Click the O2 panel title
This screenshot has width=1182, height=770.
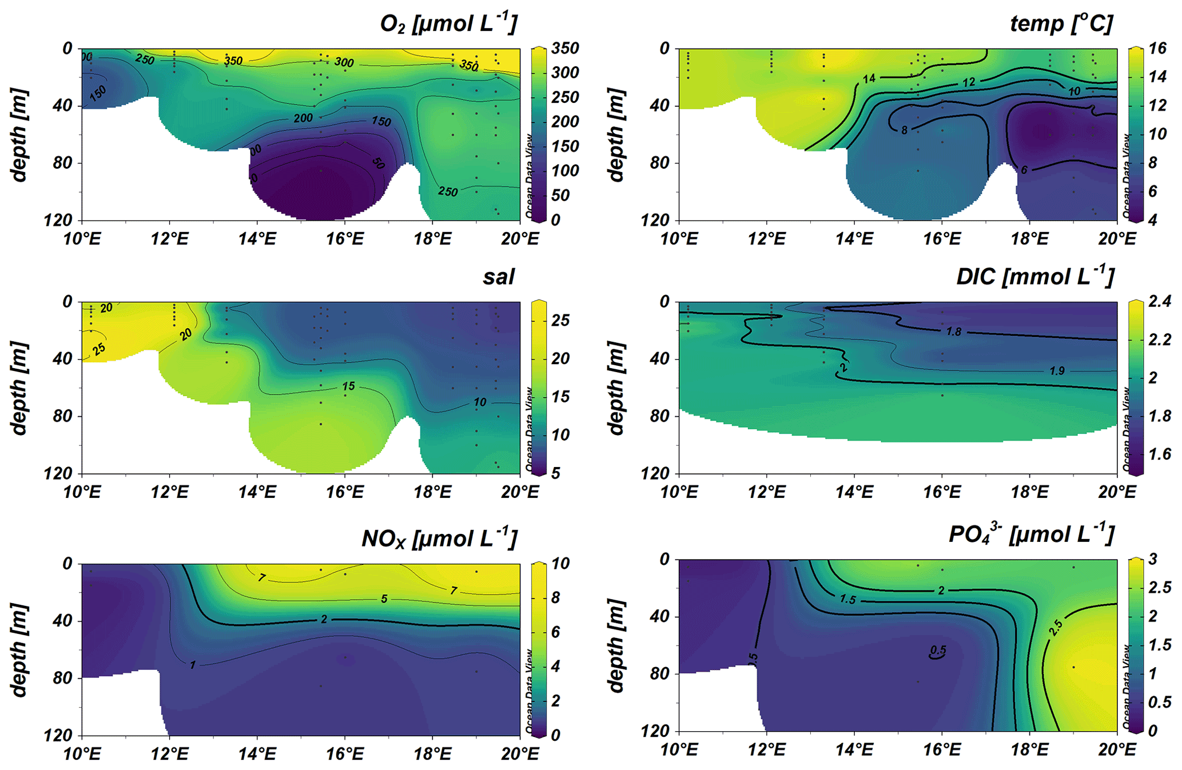pos(448,24)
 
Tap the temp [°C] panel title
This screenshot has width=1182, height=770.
pos(1061,24)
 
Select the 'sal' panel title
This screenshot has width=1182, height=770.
pos(498,277)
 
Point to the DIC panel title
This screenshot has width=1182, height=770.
pos(1035,277)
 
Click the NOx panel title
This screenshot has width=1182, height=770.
pos(439,538)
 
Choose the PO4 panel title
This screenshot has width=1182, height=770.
pos(1031,534)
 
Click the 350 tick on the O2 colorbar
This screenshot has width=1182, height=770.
pos(565,49)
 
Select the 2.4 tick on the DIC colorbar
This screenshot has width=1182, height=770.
pos(1159,301)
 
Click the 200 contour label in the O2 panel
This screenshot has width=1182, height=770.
pos(303,118)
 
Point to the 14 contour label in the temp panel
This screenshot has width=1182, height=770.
pos(869,79)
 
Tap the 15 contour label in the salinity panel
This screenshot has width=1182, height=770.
pos(348,386)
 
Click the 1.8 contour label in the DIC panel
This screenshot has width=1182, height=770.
pos(953,332)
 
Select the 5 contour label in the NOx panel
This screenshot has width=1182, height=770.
pos(384,599)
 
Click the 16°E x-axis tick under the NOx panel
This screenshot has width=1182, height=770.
pos(345,753)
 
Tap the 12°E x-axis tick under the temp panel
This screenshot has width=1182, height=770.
pos(766,238)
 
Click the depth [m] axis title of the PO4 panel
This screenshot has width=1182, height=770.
pos(615,647)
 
